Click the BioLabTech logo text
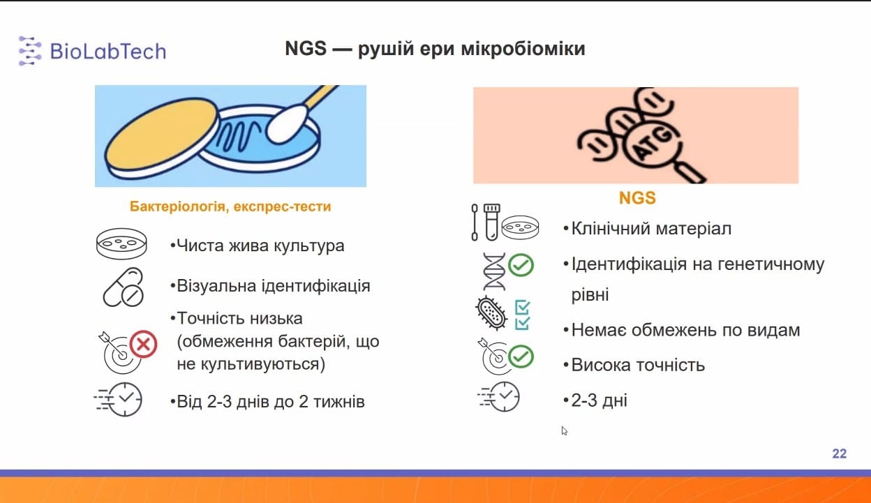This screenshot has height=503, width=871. tap(108, 52)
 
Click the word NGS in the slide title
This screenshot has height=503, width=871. tap(306, 49)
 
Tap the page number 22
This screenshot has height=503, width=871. tap(839, 453)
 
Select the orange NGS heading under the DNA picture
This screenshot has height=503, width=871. tap(637, 198)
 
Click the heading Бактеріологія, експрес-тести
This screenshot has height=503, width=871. tap(230, 207)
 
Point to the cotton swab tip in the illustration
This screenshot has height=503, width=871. tap(287, 123)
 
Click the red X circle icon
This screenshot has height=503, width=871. tap(144, 344)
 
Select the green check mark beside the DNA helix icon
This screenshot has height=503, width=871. tap(521, 265)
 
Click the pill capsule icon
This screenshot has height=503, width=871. tap(124, 287)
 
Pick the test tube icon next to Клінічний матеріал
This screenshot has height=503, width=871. tap(491, 222)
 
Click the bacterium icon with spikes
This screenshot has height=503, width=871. tap(491, 313)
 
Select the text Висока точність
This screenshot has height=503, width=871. tap(638, 366)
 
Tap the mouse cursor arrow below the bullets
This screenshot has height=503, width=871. tap(564, 430)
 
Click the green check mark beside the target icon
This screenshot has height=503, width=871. tap(521, 356)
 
